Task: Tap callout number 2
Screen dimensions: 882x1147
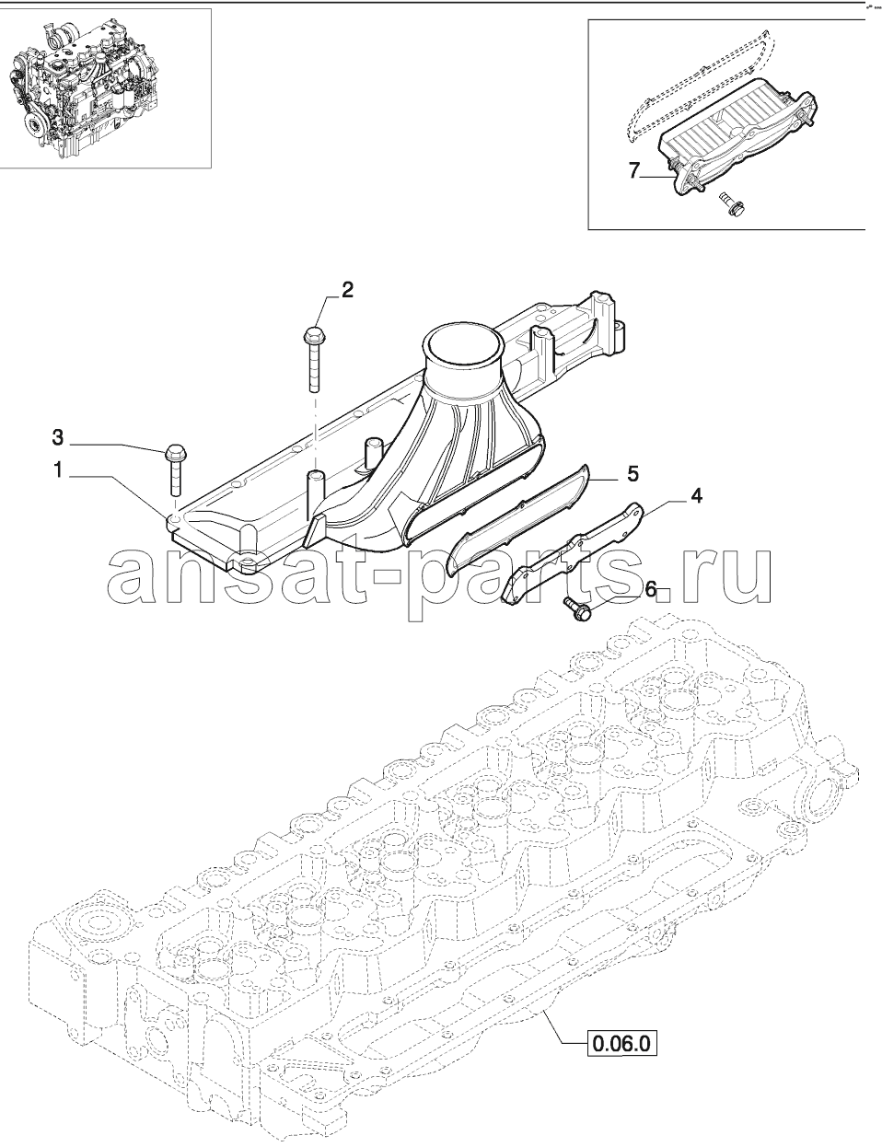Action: [347, 290]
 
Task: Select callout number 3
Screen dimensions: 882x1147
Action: [57, 437]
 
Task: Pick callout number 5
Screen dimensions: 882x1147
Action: [632, 473]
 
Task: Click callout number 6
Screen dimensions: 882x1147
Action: [650, 589]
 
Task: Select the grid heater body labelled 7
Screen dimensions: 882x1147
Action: [739, 140]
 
